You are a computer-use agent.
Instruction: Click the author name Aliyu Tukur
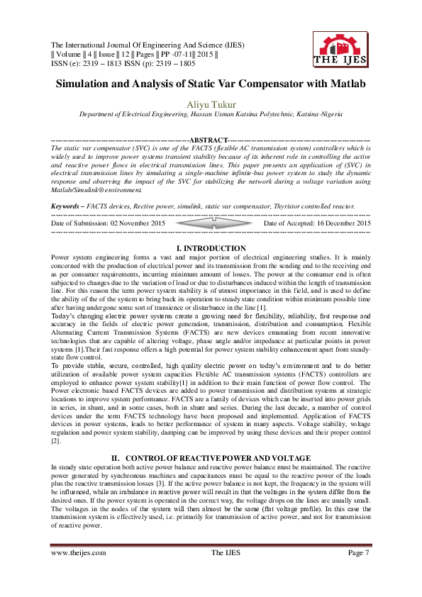coord(211,104)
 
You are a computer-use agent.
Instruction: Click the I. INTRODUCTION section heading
coord(211,249)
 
